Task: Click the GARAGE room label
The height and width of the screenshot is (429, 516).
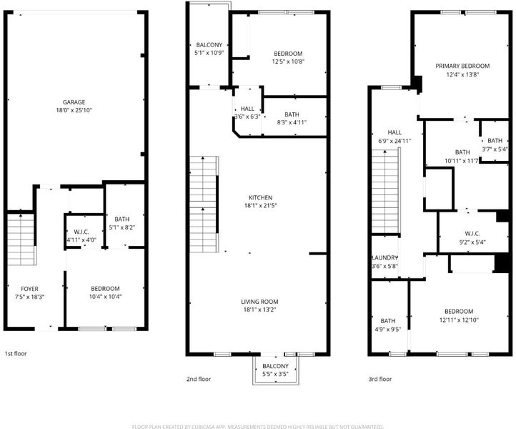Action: pyautogui.click(x=74, y=102)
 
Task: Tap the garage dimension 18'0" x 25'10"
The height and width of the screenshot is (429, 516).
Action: pyautogui.click(x=74, y=110)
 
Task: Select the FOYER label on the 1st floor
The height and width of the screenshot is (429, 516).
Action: pyautogui.click(x=29, y=289)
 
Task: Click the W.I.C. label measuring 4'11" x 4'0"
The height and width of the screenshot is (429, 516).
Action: pyautogui.click(x=81, y=232)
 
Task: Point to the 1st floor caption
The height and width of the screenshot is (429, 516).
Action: pyautogui.click(x=16, y=354)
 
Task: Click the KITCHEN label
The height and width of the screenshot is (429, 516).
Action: pyautogui.click(x=260, y=197)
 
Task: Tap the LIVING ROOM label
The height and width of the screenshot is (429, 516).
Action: pyautogui.click(x=259, y=302)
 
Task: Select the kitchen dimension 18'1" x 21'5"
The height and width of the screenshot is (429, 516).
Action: pyautogui.click(x=260, y=206)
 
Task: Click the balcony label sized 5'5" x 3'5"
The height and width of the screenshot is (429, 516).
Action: pyautogui.click(x=275, y=366)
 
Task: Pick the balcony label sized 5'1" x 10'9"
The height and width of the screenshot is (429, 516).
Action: pyautogui.click(x=209, y=45)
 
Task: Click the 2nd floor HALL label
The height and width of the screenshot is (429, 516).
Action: pyautogui.click(x=247, y=109)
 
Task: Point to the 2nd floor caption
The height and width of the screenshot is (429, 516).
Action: pyautogui.click(x=199, y=379)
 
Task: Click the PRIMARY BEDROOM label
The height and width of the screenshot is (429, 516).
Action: pyautogui.click(x=462, y=66)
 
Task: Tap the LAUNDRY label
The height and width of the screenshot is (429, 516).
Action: pyautogui.click(x=384, y=257)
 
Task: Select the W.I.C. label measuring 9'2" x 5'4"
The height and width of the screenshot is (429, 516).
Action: pyautogui.click(x=472, y=234)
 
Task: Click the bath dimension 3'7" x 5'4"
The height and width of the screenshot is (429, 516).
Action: pyautogui.click(x=495, y=149)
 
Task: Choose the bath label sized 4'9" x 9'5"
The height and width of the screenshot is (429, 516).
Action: pyautogui.click(x=388, y=321)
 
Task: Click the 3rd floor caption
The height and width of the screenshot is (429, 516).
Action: pyautogui.click(x=380, y=379)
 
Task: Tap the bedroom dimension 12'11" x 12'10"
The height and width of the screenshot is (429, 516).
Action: pyautogui.click(x=459, y=320)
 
